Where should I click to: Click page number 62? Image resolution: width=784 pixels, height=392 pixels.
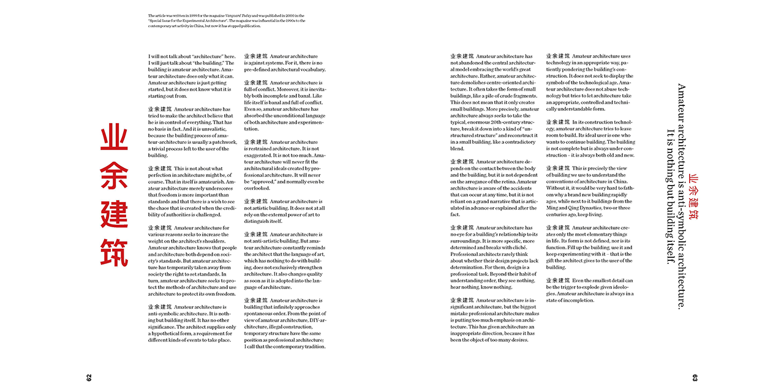click(x=89, y=378)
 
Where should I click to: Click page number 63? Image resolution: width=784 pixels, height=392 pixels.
click(x=695, y=378)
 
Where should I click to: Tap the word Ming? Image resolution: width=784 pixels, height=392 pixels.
click(x=553, y=208)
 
